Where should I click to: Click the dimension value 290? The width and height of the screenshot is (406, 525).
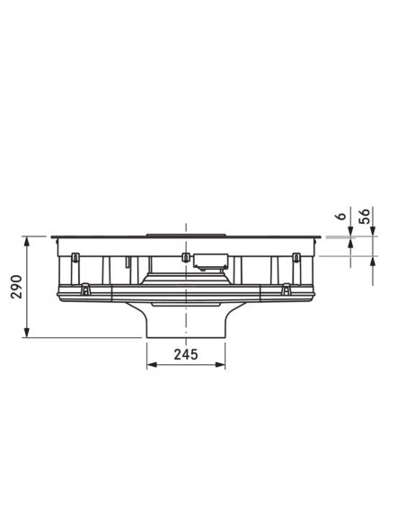click(x=16, y=287)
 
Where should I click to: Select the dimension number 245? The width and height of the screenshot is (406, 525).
click(x=186, y=354)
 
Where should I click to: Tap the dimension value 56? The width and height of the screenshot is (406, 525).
click(x=364, y=216)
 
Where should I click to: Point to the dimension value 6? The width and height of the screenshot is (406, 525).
click(x=341, y=216)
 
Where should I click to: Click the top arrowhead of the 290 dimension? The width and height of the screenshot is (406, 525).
click(x=26, y=242)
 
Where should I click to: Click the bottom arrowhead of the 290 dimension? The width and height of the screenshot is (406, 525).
click(x=26, y=333)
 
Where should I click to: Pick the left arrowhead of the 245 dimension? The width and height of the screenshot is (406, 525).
click(x=152, y=365)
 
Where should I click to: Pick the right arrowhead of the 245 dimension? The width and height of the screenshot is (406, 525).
click(x=220, y=365)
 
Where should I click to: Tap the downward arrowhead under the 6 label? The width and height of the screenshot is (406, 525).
click(x=350, y=231)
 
